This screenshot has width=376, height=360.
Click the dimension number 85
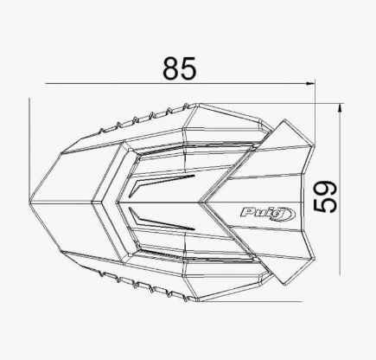(180, 68)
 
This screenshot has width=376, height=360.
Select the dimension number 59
(325, 196)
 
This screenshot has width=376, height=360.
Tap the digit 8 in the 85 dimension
(171, 68)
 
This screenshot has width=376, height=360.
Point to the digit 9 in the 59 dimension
(325, 189)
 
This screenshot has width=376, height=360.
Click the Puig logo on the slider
(268, 214)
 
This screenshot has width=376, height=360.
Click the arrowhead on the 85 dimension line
(310, 84)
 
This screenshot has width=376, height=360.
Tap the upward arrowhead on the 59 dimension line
(341, 108)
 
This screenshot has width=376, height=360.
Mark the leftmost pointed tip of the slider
(30, 201)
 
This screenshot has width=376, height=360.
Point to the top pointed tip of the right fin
(284, 119)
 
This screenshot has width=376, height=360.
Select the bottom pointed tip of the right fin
(284, 286)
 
